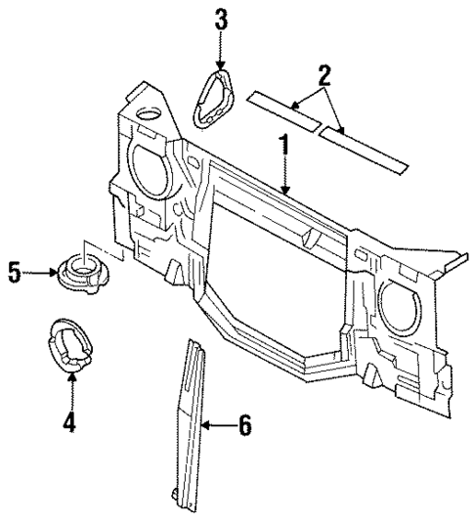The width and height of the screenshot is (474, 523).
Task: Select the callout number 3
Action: point(221,18)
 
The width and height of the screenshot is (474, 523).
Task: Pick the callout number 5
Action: point(15,272)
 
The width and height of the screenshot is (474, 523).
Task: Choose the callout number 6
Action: point(244,425)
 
